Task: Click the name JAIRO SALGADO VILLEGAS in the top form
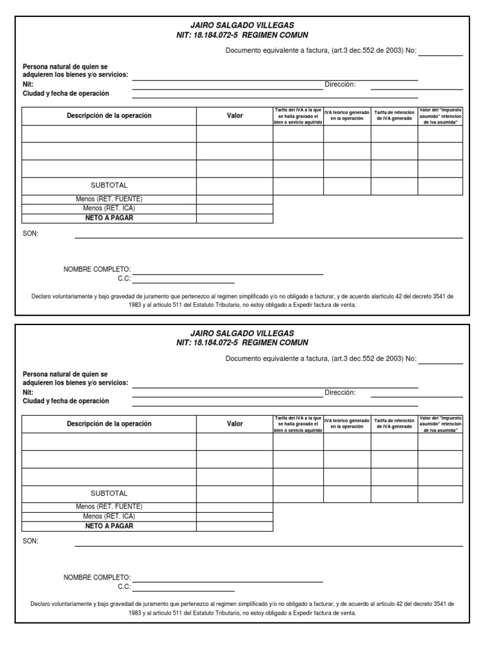pyautogui.click(x=242, y=25)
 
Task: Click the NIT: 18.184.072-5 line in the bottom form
pyautogui.click(x=242, y=343)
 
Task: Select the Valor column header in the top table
pyautogui.click(x=234, y=116)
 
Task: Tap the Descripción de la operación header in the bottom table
pyautogui.click(x=109, y=424)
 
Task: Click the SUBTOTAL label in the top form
pyautogui.click(x=109, y=185)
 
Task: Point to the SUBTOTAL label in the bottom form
pyautogui.click(x=109, y=493)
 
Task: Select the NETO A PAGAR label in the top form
pyautogui.click(x=109, y=218)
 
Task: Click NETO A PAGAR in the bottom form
pyautogui.click(x=109, y=526)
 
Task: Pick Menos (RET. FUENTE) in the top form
pyautogui.click(x=109, y=199)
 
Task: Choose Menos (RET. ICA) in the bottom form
pyautogui.click(x=109, y=517)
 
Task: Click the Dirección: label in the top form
pyautogui.click(x=340, y=84)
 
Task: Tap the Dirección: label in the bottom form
pyautogui.click(x=340, y=392)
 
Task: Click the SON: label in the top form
pyautogui.click(x=30, y=233)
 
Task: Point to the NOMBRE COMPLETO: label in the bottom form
pyautogui.click(x=96, y=577)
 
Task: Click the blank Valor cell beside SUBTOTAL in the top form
pyautogui.click(x=234, y=186)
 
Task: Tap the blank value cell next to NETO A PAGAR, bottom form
pyautogui.click(x=234, y=526)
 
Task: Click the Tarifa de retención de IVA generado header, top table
pyautogui.click(x=395, y=116)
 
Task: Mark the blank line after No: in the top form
pyautogui.click(x=441, y=52)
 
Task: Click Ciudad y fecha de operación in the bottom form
pyautogui.click(x=66, y=401)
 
